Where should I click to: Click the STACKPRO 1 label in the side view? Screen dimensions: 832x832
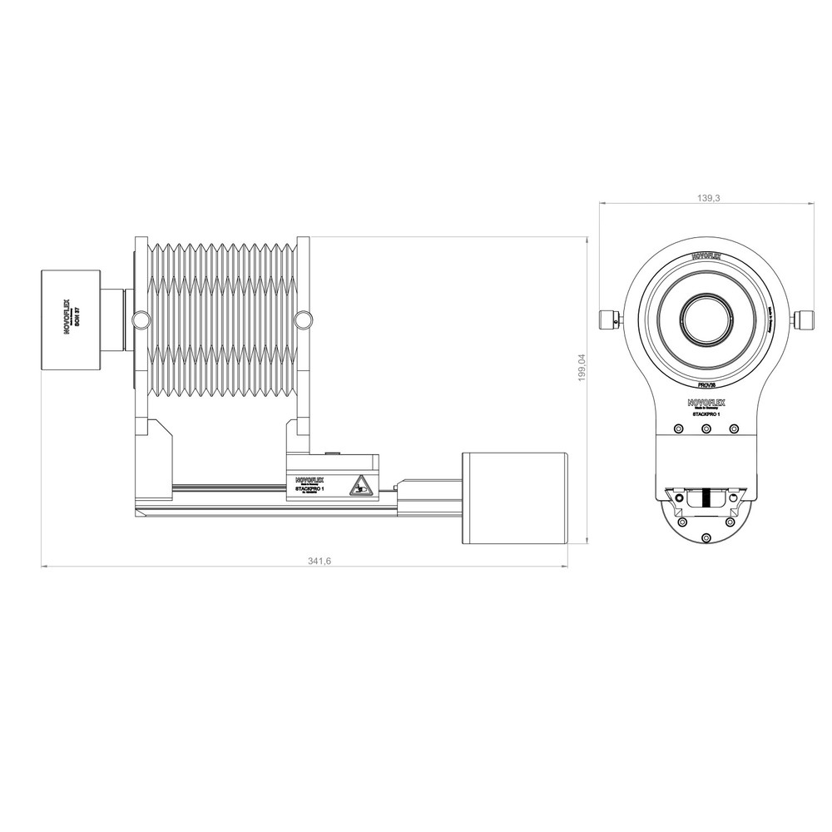(309, 490)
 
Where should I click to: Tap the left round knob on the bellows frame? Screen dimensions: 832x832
(140, 318)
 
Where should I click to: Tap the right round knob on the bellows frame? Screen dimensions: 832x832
(305, 318)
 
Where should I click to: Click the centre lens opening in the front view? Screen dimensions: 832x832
(706, 318)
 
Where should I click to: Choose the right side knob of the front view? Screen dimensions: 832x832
(802, 318)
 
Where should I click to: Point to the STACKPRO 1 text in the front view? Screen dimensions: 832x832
(706, 414)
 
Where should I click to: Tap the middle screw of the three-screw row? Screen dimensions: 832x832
(706, 428)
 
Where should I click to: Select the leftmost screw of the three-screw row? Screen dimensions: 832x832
(678, 428)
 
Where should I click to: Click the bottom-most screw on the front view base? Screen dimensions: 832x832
(706, 537)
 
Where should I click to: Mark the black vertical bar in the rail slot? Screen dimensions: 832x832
(706, 498)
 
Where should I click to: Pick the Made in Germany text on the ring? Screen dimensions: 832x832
(770, 319)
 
